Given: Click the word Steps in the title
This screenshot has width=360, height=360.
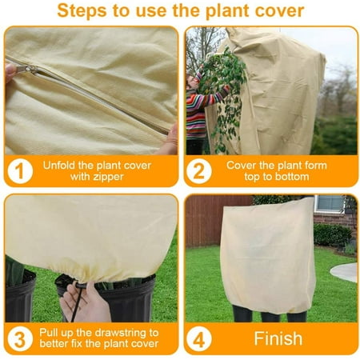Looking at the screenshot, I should click(x=82, y=11).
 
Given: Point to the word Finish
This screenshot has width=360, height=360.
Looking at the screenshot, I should click(x=278, y=338).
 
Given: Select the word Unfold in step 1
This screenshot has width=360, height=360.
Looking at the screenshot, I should click(x=61, y=164).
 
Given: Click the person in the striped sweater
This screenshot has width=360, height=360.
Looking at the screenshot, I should click(x=196, y=112).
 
